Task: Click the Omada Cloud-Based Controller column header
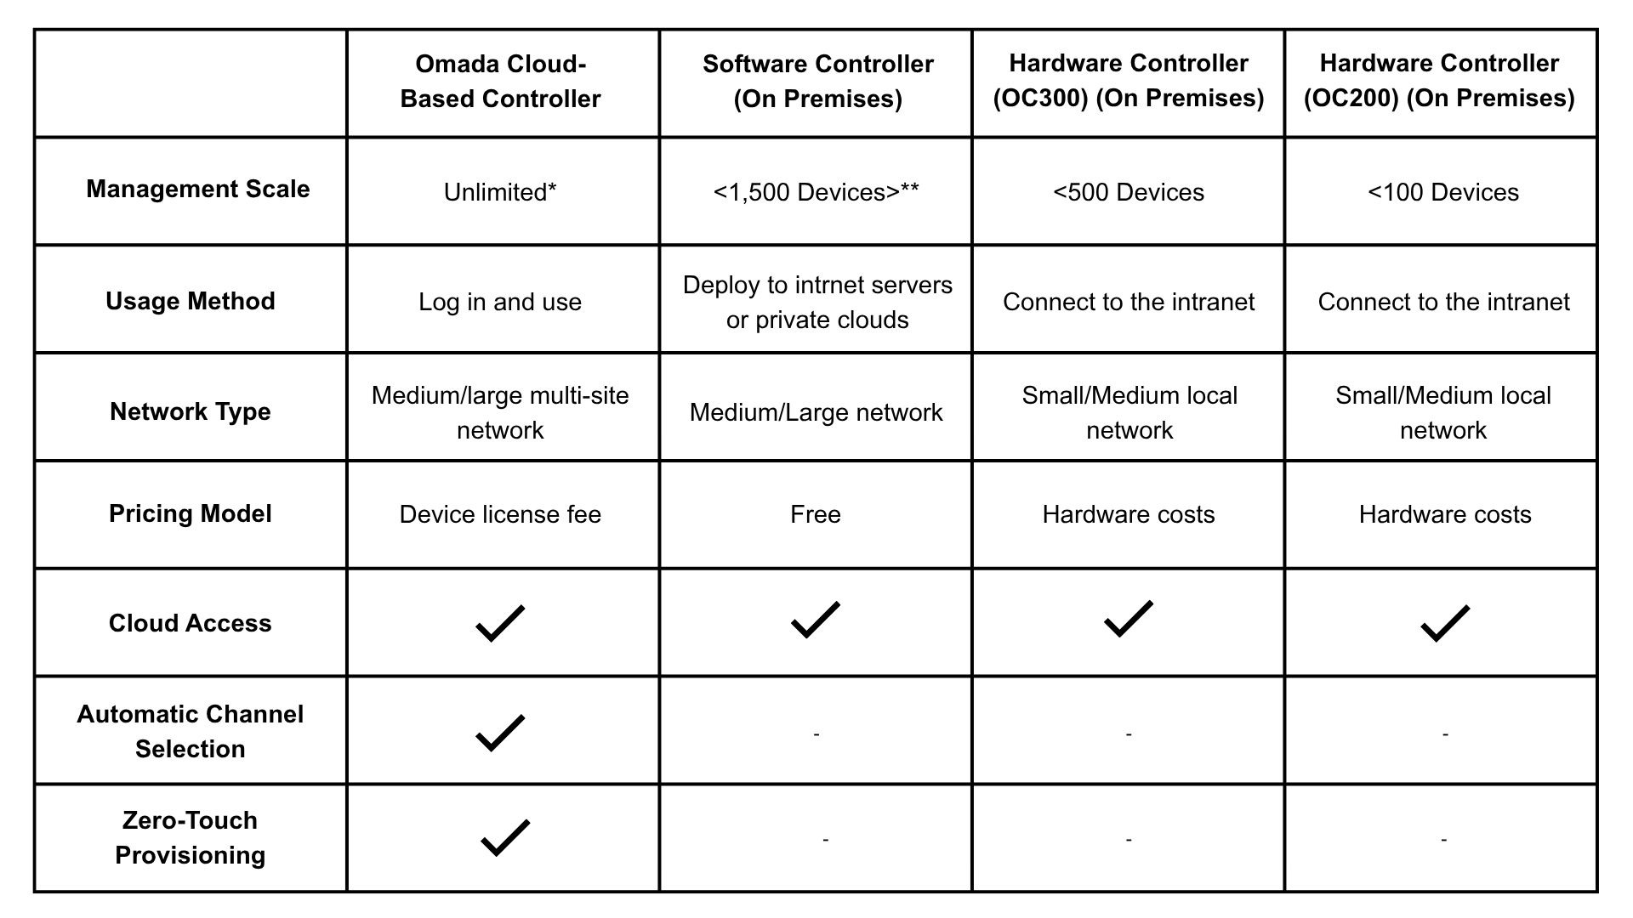500,82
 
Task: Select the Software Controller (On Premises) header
817,82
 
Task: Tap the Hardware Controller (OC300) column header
1129,81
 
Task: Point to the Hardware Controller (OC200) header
1439,81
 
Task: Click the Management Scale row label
197,189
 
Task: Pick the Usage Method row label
191,301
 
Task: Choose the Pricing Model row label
191,513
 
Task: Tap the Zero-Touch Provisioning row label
191,837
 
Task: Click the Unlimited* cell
500,192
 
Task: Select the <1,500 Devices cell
816,192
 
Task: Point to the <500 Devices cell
1129,192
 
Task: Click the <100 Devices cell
1443,192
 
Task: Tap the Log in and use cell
500,302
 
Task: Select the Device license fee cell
500,514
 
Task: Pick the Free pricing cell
816,514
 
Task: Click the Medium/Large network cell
816,412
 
